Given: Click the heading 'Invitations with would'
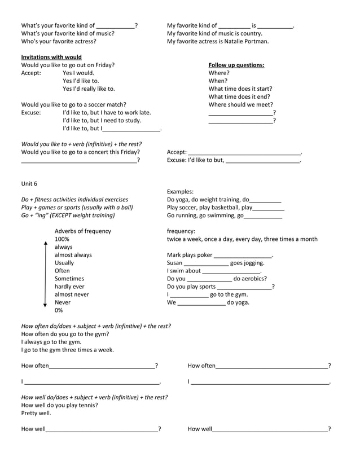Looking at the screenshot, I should (x=51, y=57).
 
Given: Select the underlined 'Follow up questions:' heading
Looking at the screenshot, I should (x=236, y=65).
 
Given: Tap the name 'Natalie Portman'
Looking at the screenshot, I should (x=246, y=41).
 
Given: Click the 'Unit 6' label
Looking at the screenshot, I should (x=29, y=183).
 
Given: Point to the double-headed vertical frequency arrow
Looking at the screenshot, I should (x=45, y=274).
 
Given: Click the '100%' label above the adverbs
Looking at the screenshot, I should (x=62, y=239).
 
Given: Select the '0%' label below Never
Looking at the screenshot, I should (x=59, y=310).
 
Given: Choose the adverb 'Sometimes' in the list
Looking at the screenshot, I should (x=69, y=279).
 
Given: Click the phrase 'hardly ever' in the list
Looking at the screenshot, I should (x=69, y=287).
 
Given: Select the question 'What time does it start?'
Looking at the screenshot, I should (x=240, y=89).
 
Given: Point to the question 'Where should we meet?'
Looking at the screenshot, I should (x=241, y=104).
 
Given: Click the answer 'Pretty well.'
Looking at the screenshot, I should (x=36, y=413).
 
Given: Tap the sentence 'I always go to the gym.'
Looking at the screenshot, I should (x=51, y=342).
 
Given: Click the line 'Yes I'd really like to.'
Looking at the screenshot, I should (x=89, y=89).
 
